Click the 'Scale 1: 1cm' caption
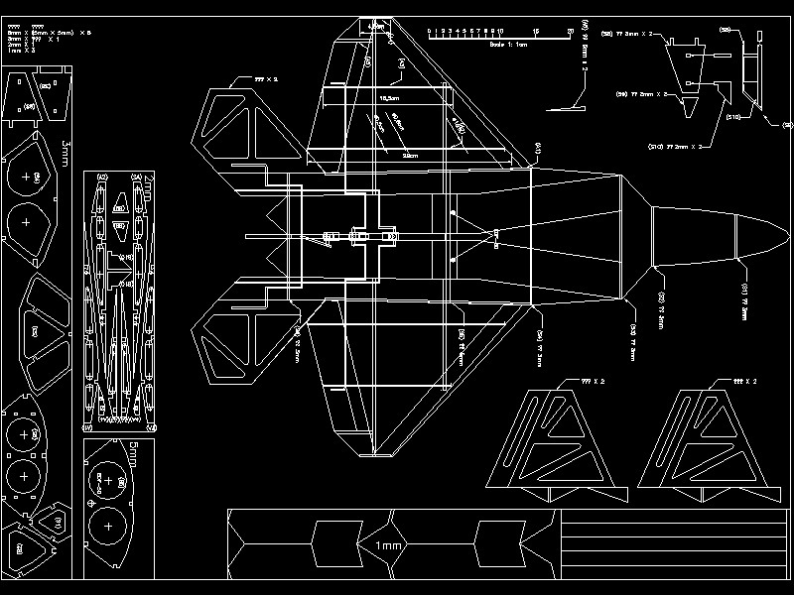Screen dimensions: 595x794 [508, 45]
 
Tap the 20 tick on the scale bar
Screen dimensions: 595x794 [570, 32]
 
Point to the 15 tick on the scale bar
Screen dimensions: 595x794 [535, 32]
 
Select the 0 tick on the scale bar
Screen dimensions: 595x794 [429, 32]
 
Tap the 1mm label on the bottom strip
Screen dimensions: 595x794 [389, 545]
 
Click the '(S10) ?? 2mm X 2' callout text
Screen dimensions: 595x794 [675, 146]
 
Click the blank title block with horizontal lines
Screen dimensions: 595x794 [675, 545]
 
